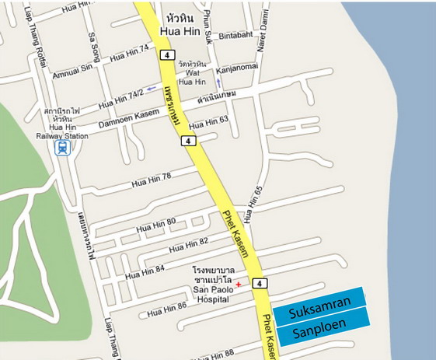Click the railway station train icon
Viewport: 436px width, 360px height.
pyautogui.click(x=61, y=146)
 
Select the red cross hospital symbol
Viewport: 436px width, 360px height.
pyautogui.click(x=239, y=285)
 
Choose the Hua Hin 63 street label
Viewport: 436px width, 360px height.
pyautogui.click(x=208, y=121)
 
